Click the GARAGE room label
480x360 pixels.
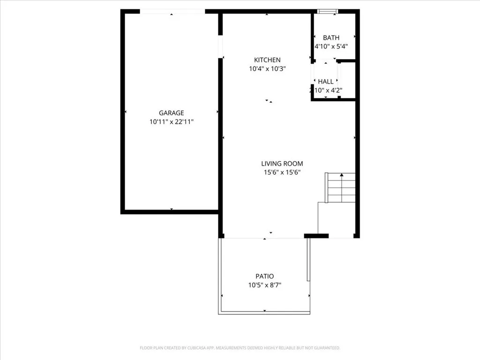[171, 113]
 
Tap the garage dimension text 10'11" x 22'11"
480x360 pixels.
[171, 122]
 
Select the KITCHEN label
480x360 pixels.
[267, 60]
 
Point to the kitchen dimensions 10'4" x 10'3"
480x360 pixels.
[267, 69]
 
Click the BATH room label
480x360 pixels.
[331, 37]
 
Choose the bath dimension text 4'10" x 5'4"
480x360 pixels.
[331, 46]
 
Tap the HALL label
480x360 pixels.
[326, 82]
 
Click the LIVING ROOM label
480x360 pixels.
[282, 164]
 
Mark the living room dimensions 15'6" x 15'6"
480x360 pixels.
[282, 172]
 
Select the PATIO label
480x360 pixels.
[264, 276]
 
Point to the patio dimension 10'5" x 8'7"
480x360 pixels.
[264, 285]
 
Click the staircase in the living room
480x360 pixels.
[341, 188]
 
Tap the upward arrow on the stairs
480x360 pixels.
[341, 175]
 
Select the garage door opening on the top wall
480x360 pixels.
[172, 11]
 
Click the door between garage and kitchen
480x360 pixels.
[220, 47]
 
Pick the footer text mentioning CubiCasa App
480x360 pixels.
[240, 348]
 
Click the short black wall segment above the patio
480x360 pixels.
[316, 236]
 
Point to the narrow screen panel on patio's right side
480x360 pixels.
[308, 260]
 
